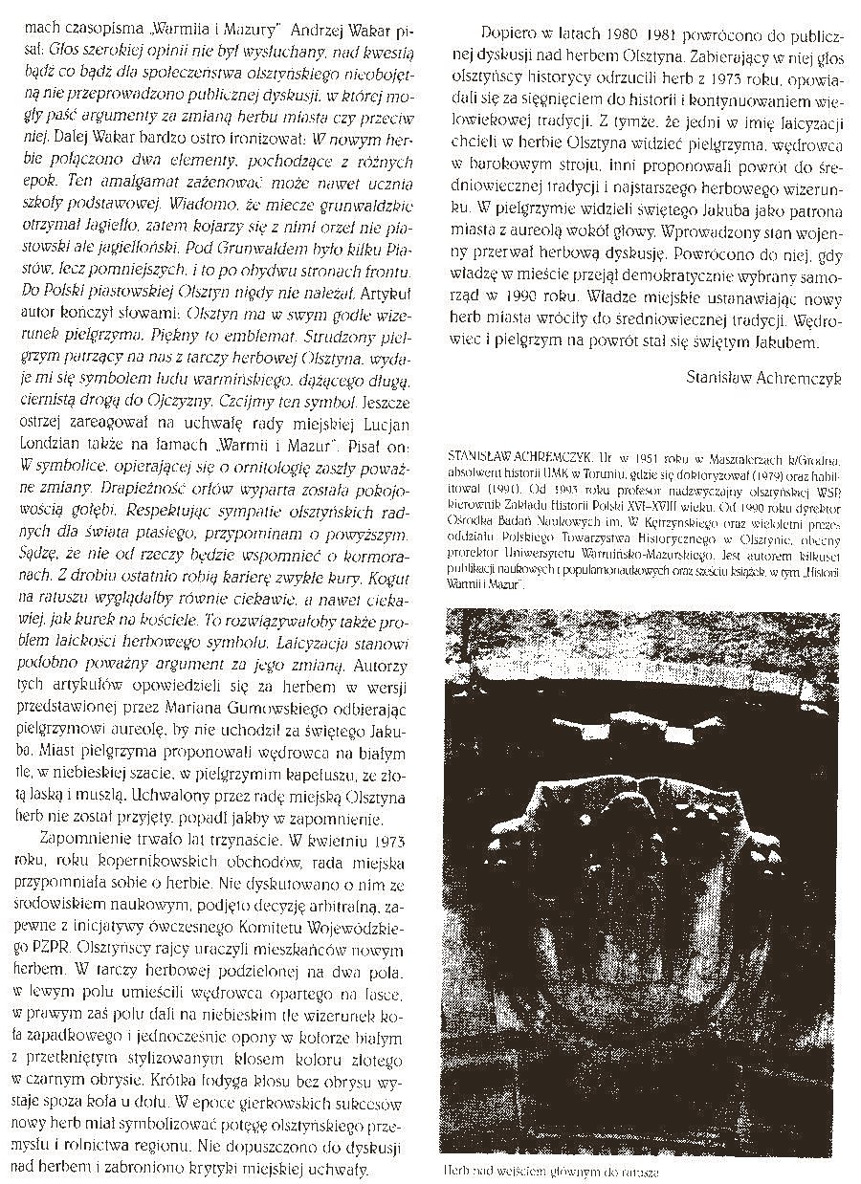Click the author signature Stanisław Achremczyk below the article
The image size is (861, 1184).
point(764,377)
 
